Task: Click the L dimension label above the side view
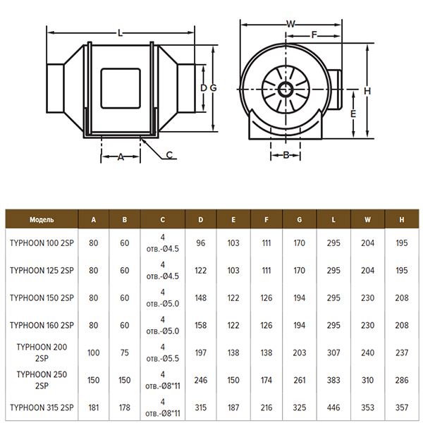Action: [121, 33]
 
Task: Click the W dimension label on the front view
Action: [290, 24]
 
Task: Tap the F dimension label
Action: [314, 35]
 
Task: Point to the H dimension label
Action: [367, 91]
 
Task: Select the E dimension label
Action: [353, 114]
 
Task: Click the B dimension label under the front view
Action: [286, 155]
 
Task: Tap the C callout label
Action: [169, 155]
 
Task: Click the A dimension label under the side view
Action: [121, 157]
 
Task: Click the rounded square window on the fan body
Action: [121, 89]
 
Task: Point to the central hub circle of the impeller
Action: [286, 90]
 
